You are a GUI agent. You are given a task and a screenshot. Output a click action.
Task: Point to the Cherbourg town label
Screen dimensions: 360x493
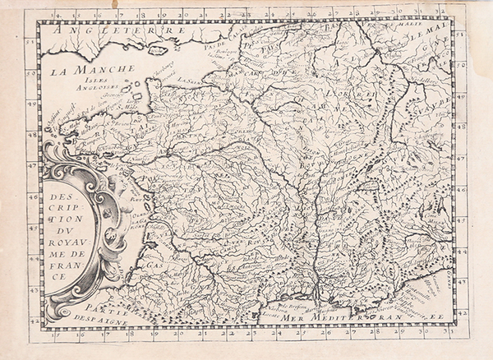[161, 64]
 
